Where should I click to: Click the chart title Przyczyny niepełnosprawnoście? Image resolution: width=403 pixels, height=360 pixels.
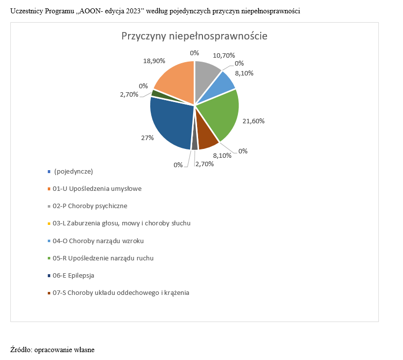194,36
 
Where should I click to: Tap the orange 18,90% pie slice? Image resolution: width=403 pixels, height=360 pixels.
175,81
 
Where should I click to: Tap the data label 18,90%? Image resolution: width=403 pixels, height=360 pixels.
154,61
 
